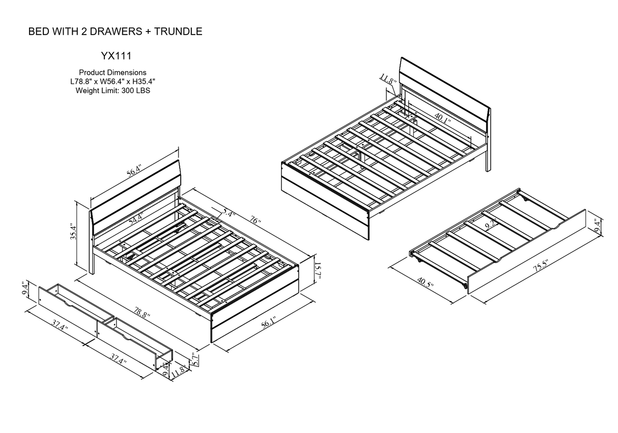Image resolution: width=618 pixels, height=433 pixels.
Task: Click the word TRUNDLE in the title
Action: (178, 32)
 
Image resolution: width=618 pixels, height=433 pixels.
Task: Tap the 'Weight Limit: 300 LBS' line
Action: (113, 91)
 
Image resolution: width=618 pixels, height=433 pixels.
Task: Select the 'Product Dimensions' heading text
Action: (113, 73)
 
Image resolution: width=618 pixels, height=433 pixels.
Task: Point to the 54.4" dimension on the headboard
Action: (135, 219)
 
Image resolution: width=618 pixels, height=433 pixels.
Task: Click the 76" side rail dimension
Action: (255, 220)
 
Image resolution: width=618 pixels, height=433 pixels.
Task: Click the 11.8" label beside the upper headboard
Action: (387, 79)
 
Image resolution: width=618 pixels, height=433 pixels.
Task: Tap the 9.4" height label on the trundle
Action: (598, 225)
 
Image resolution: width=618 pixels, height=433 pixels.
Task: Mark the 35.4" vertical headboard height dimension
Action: (74, 232)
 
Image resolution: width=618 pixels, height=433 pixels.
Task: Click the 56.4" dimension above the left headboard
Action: (134, 170)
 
